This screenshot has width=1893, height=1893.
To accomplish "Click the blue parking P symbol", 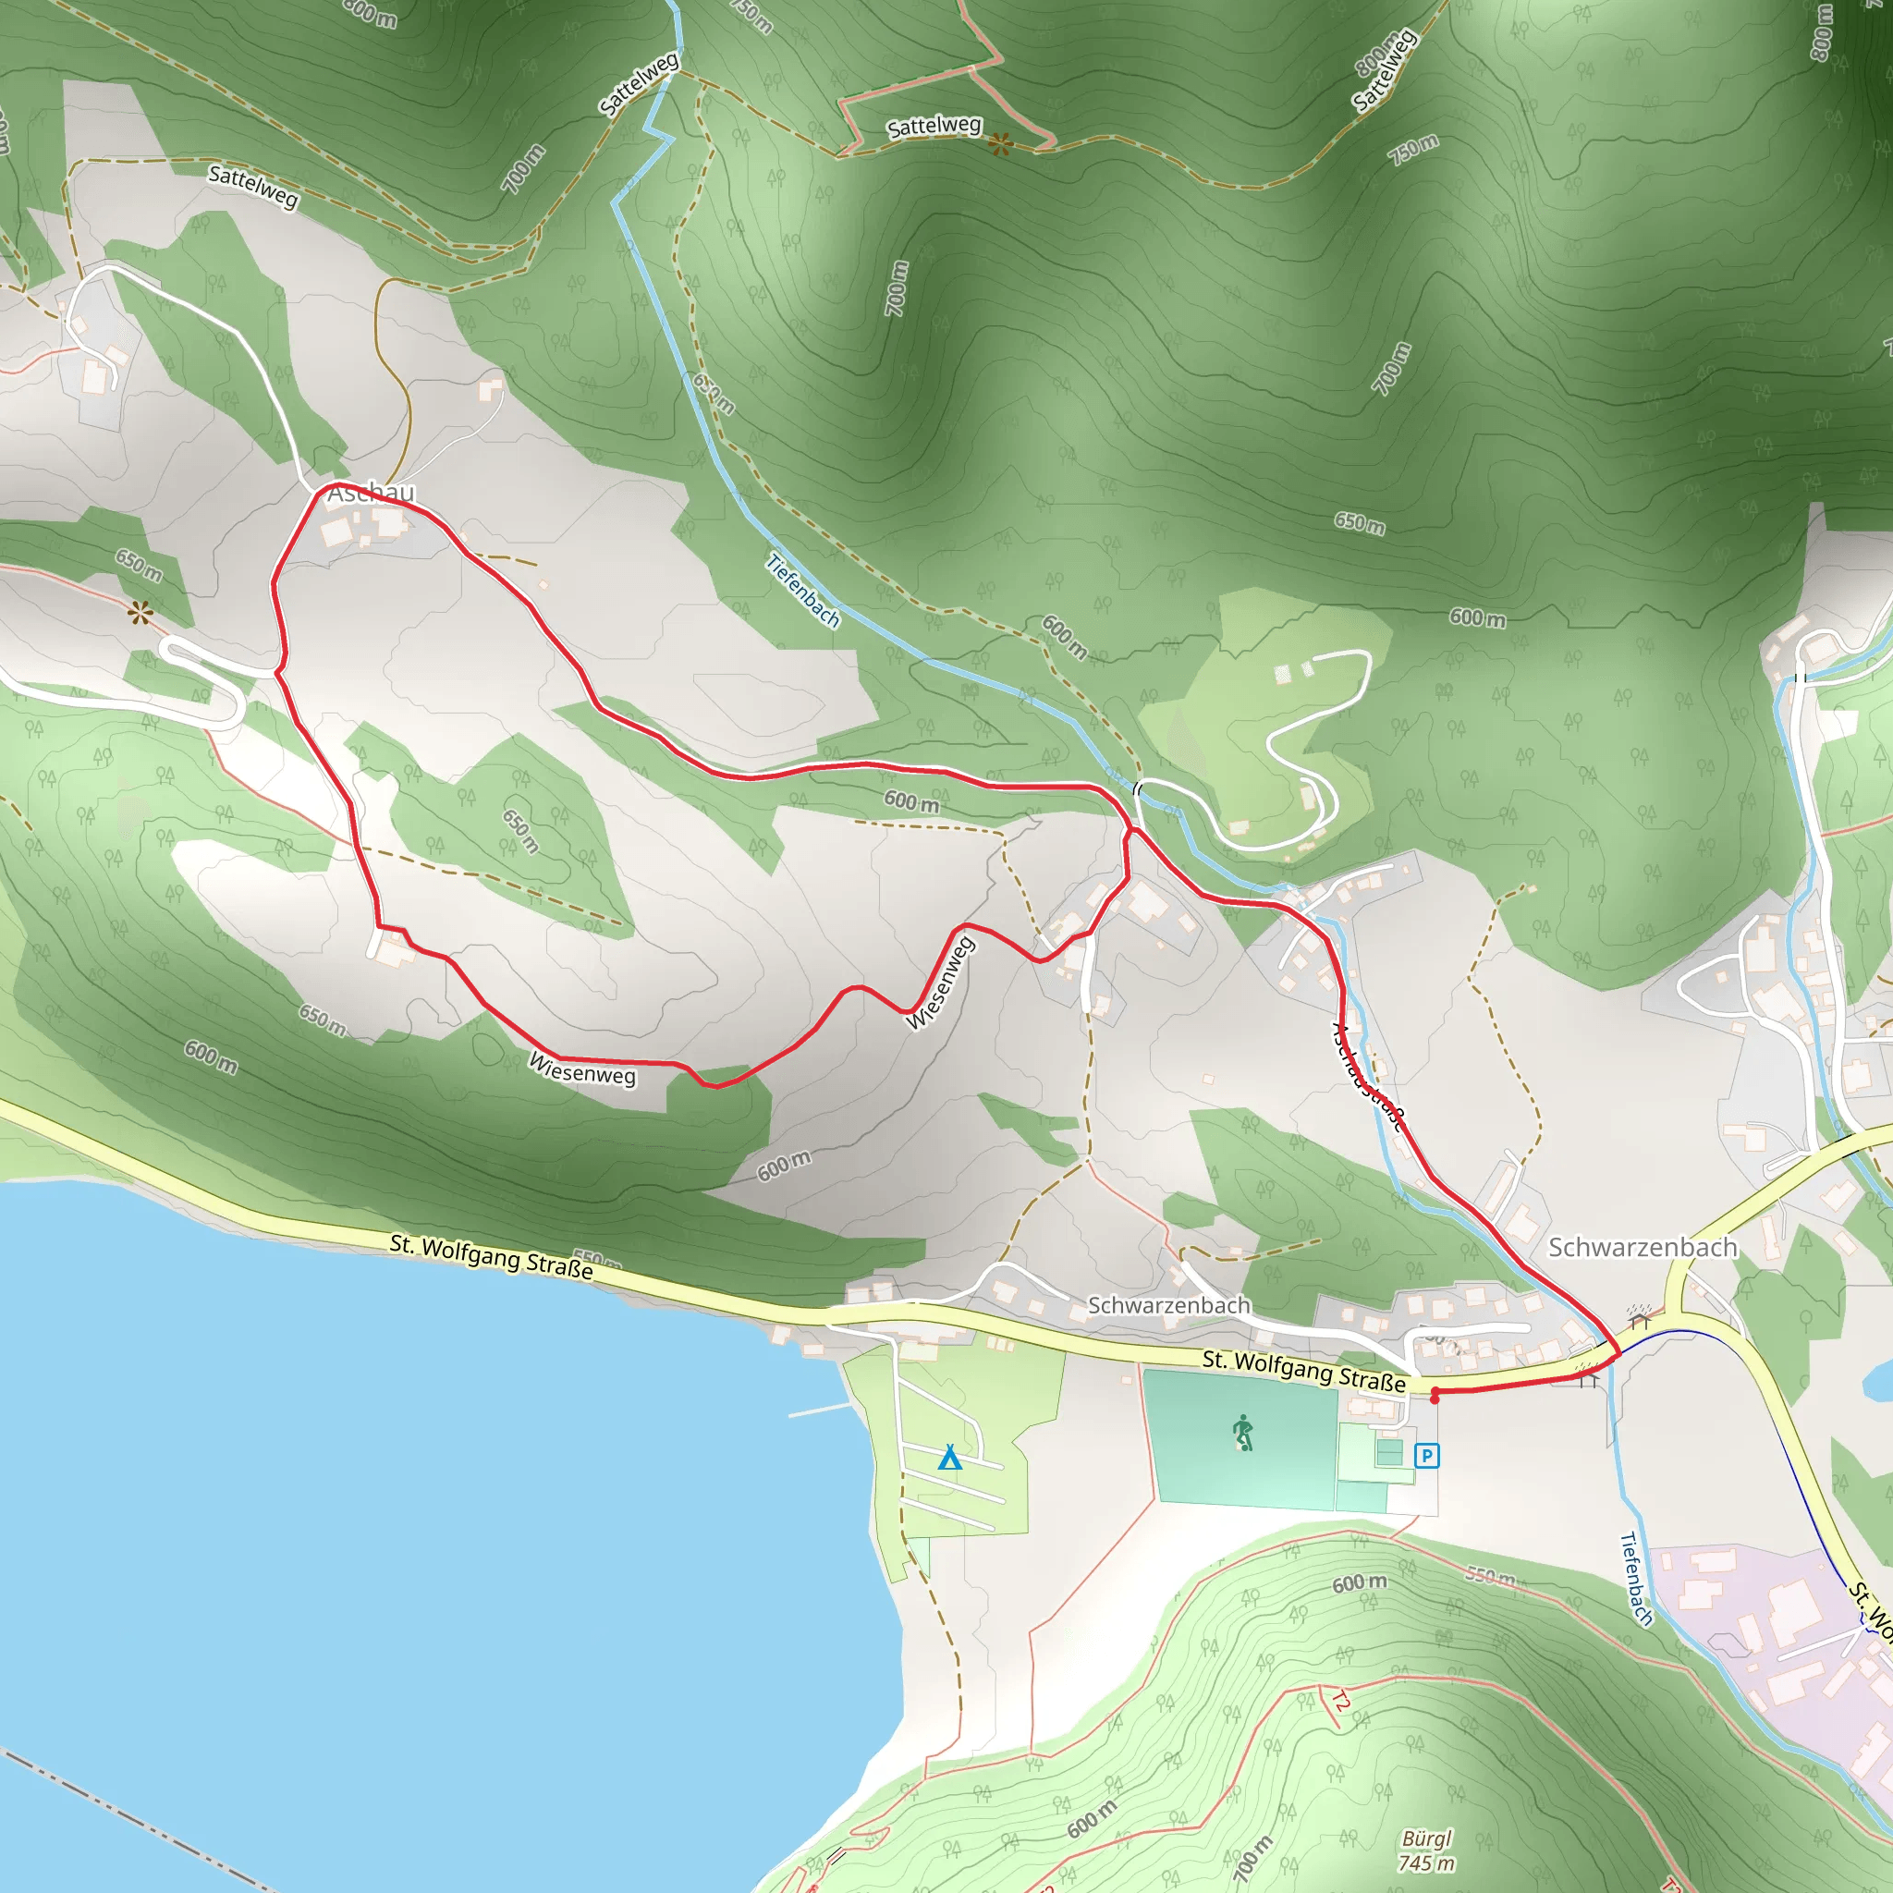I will (x=1426, y=1456).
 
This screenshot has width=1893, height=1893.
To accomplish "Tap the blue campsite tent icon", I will (x=949, y=1458).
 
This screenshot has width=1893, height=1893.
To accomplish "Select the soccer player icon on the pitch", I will (x=1243, y=1433).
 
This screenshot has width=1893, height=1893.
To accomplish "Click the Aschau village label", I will (x=371, y=493).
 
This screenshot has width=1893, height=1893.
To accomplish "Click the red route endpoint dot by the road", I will (x=1435, y=1398).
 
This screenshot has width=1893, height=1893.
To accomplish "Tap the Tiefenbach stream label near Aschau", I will (x=802, y=590).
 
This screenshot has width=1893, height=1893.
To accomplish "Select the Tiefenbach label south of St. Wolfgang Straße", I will (x=1636, y=1579).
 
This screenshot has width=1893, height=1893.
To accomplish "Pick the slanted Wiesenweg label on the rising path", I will (x=940, y=983).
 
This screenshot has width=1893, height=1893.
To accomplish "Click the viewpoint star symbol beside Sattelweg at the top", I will (x=999, y=145).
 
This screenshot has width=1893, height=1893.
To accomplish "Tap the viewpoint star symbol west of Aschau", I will (x=140, y=615).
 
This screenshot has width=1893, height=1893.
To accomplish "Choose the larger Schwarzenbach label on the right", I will (x=1643, y=1247).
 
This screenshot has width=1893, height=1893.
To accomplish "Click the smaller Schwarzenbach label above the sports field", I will (x=1169, y=1305).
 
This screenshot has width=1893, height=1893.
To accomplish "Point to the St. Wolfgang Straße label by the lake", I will (x=491, y=1256).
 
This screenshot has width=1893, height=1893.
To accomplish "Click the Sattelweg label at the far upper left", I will (x=252, y=186).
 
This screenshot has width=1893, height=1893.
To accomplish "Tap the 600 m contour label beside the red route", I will (x=911, y=801).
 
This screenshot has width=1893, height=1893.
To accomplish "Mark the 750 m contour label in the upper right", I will (x=1413, y=149).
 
